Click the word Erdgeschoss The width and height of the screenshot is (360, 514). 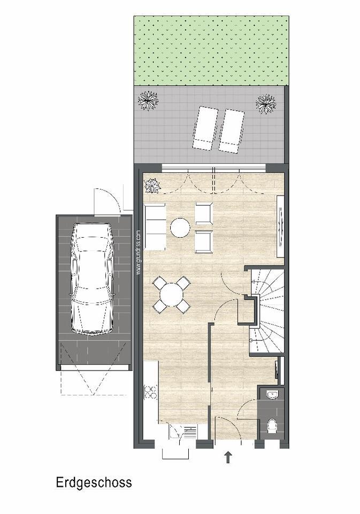[x=94, y=482]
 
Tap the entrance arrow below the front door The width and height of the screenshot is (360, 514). [x=228, y=457]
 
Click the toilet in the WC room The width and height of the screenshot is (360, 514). [x=272, y=426]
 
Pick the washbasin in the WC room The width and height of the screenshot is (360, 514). [x=272, y=395]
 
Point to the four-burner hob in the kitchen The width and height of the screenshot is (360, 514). [x=150, y=394]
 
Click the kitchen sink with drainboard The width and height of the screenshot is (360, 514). [x=183, y=431]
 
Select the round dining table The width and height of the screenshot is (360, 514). [x=171, y=294]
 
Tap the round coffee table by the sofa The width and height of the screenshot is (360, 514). [x=180, y=228]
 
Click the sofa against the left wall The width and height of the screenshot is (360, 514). [x=155, y=226]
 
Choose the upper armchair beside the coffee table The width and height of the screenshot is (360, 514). [x=204, y=214]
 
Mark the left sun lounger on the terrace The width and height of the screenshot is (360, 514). [x=205, y=128]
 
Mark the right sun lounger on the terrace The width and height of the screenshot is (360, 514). [x=231, y=130]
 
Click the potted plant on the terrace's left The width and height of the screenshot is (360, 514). [x=148, y=100]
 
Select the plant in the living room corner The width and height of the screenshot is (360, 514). [x=152, y=185]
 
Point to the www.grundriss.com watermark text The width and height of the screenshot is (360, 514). [x=138, y=252]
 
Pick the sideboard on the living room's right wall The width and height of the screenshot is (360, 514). [x=280, y=227]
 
